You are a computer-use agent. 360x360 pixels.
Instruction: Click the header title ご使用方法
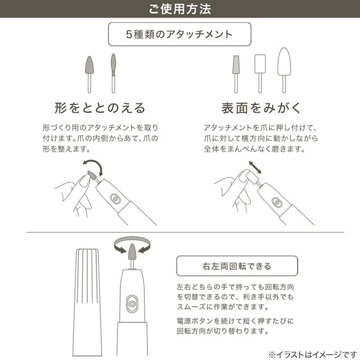pyautogui.click(x=179, y=9)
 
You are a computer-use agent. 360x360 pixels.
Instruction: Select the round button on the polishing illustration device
pyautogui.click(x=277, y=203)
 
